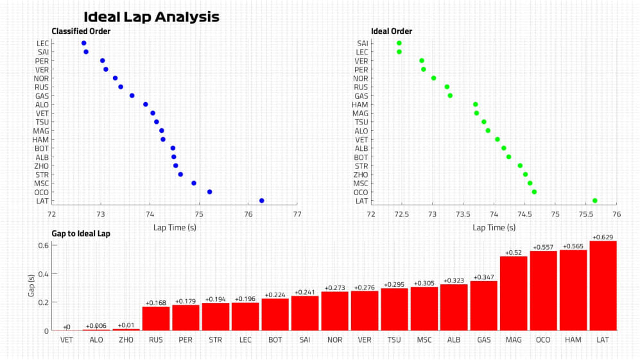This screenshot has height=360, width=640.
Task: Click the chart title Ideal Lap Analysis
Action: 151,17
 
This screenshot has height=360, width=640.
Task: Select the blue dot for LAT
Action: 261,201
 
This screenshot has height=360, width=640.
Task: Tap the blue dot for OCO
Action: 210,192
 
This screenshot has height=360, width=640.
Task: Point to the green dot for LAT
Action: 595,201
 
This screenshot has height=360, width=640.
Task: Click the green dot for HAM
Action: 476,104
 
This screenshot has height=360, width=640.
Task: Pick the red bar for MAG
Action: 514,293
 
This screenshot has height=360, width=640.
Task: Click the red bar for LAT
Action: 603,286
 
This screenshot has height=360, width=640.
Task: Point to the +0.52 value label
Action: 514,253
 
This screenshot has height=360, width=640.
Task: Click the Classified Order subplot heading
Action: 81,31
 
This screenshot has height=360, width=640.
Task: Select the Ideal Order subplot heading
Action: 392,31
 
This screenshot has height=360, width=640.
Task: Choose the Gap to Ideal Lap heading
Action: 81,234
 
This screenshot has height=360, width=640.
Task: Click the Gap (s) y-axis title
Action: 30,286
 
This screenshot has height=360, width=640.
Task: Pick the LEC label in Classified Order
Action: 43,43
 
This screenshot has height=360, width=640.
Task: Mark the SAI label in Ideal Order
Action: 362,43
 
